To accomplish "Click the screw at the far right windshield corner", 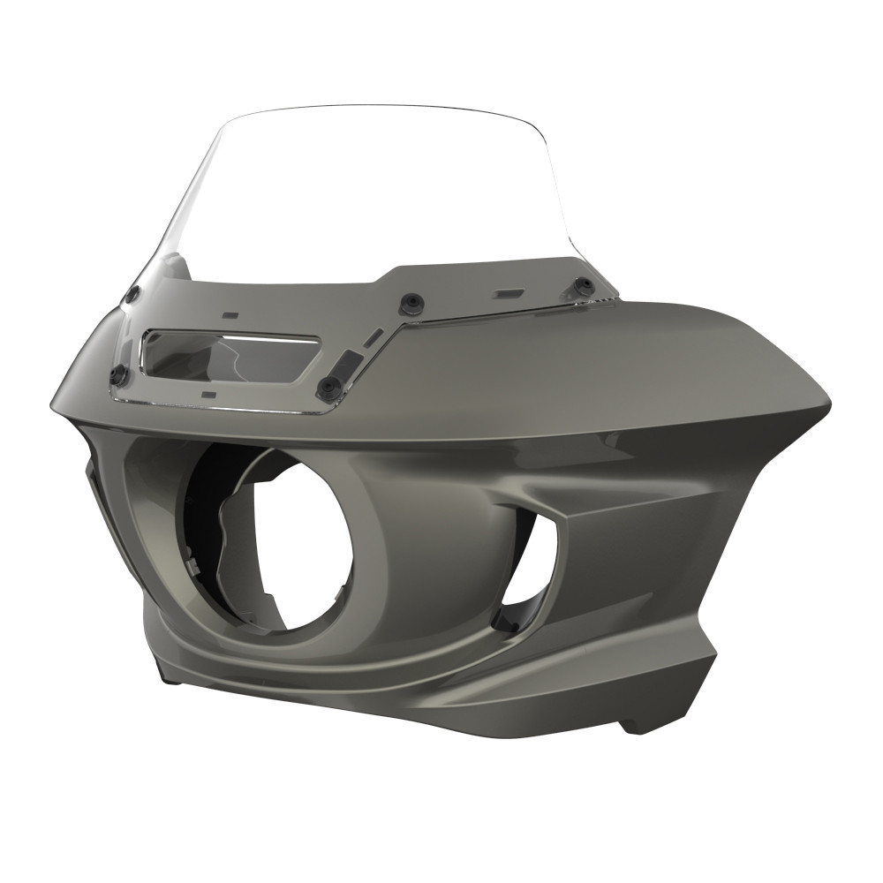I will (584, 285).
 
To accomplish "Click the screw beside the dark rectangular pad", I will (330, 385).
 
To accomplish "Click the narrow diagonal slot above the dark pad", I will (374, 336).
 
